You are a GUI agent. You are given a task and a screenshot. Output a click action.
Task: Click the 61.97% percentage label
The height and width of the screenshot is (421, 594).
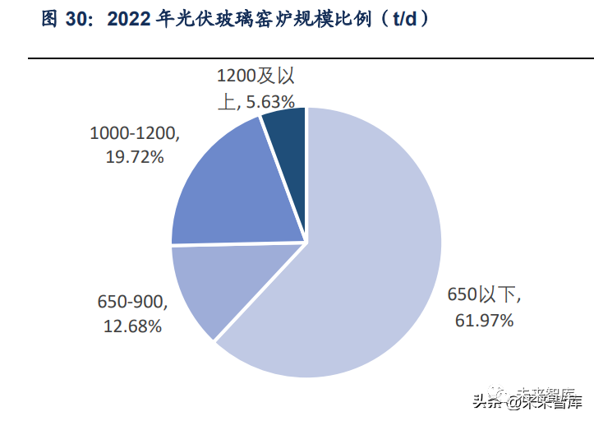(485, 320)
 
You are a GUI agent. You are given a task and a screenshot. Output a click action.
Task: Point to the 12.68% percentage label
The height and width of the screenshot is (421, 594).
(132, 326)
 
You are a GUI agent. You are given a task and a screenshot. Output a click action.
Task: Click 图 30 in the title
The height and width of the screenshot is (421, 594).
(63, 19)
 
